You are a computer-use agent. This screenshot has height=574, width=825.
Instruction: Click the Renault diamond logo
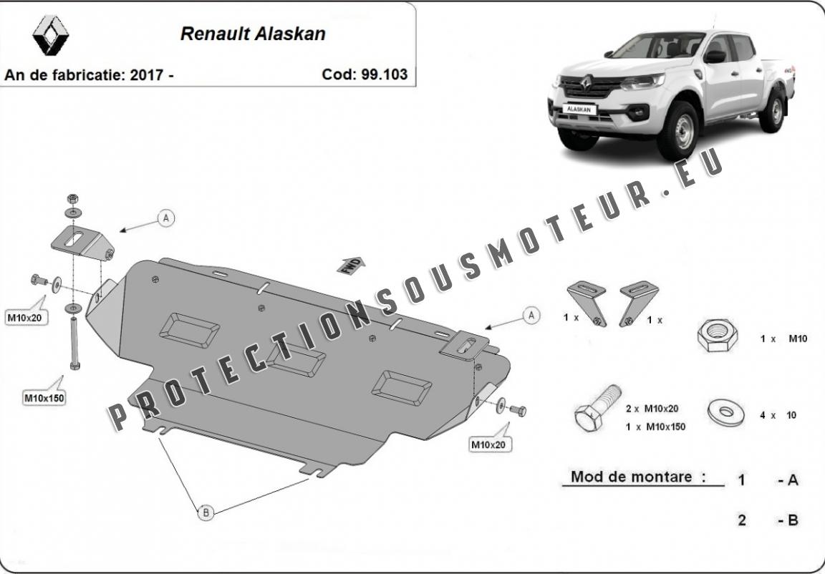pos(51,35)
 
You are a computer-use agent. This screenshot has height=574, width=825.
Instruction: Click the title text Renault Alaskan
pos(253,34)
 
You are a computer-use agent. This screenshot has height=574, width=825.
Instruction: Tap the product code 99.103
pos(384,74)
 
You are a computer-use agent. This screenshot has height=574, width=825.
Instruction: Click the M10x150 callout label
pos(44,398)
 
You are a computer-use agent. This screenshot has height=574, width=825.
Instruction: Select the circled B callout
pos(206,512)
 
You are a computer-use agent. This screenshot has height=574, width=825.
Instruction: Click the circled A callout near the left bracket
pos(166,218)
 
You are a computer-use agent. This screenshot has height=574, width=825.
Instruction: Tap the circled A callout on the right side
pos(531,316)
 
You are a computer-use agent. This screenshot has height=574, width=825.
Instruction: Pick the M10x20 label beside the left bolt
pos(26,318)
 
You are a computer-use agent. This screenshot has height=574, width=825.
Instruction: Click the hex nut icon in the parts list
pos(717,335)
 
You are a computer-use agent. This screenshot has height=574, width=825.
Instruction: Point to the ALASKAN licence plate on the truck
pos(579,109)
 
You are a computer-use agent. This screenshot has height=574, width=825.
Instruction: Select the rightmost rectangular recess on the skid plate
pos(402,388)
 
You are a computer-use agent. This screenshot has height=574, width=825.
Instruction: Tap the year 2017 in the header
pos(147,74)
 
